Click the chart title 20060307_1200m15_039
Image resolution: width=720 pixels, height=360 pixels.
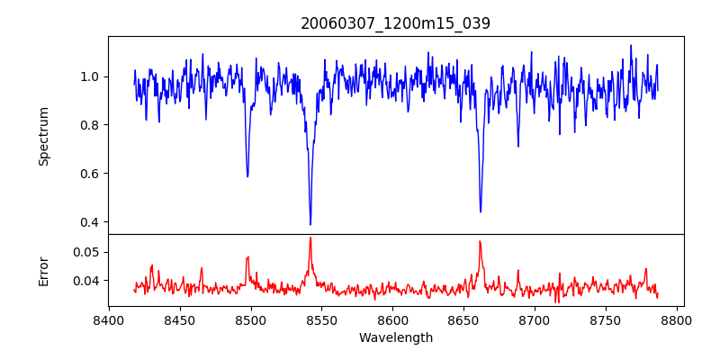(x=396, y=24)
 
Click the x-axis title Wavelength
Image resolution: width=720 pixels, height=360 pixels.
(x=396, y=337)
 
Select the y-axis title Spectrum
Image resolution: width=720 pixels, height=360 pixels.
(x=44, y=136)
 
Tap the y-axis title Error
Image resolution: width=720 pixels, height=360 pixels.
(x=44, y=270)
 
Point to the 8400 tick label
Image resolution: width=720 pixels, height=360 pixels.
(x=109, y=319)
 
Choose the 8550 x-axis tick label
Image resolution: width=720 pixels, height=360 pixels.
(x=321, y=319)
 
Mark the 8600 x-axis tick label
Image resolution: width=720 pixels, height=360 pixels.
(x=392, y=319)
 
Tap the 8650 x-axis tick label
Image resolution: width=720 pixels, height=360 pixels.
(x=463, y=319)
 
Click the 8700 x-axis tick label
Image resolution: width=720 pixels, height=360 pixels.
(x=535, y=319)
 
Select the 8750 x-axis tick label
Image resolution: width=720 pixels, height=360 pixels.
(x=606, y=319)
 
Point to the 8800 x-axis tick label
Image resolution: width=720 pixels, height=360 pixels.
(x=677, y=319)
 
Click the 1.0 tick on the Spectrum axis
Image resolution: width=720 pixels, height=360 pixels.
(x=91, y=76)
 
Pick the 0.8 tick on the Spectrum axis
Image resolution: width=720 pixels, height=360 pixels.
(x=91, y=125)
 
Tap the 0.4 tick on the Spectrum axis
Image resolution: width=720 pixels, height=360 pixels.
(x=91, y=222)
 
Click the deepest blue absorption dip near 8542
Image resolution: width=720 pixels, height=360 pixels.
(x=310, y=224)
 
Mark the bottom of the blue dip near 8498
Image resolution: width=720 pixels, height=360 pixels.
(x=247, y=176)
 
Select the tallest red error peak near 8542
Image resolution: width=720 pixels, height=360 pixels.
(x=310, y=238)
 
